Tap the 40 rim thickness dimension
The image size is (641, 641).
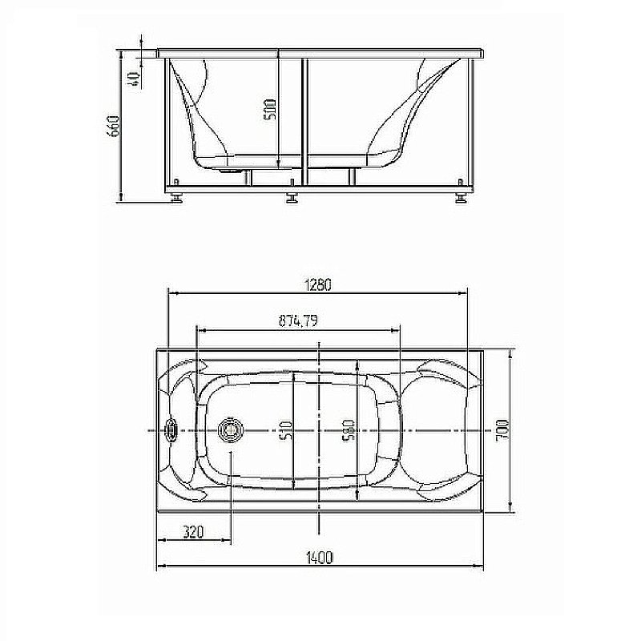click(133, 77)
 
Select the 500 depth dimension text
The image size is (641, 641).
click(270, 110)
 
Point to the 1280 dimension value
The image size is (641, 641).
click(317, 284)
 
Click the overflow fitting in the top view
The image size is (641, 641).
click(171, 430)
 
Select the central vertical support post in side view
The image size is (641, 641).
click(304, 120)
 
